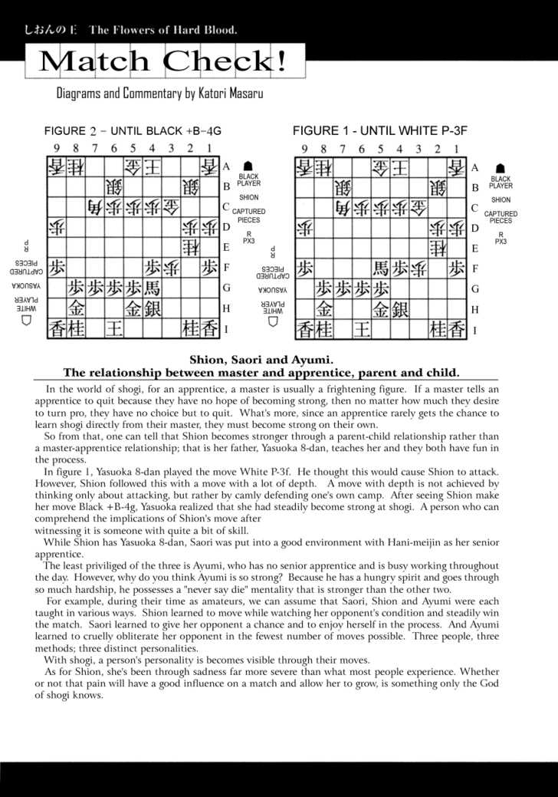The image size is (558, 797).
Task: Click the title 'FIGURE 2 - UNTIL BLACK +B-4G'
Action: coord(133,131)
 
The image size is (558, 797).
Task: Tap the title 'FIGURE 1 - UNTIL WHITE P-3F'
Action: coord(379,131)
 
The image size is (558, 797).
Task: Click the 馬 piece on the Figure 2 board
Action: coord(152,288)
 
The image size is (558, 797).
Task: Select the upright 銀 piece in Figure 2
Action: coord(152,309)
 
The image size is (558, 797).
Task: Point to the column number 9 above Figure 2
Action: coord(56,149)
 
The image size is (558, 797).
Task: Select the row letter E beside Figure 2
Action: coord(226,248)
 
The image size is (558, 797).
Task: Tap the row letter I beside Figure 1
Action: coord(474,331)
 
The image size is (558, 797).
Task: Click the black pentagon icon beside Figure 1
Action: coord(500,167)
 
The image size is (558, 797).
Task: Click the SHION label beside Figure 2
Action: coord(248,197)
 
